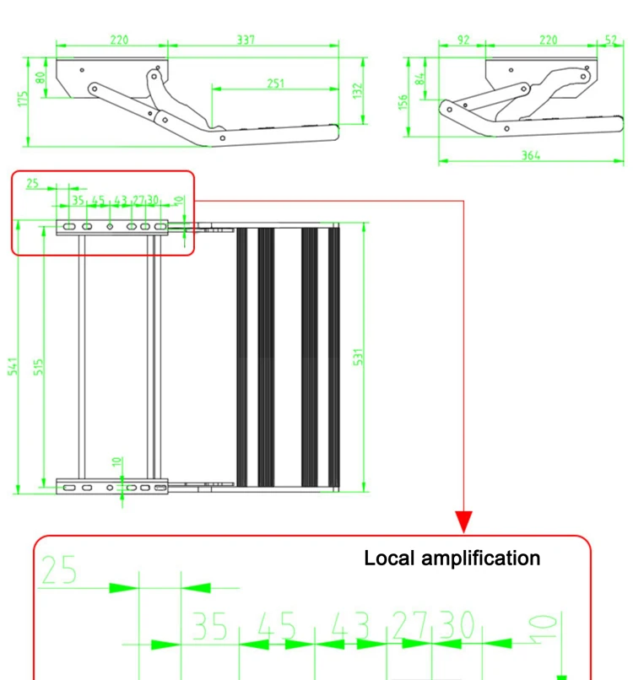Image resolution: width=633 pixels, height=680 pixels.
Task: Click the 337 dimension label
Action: (246, 39)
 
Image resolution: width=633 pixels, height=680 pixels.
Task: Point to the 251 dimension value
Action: (276, 83)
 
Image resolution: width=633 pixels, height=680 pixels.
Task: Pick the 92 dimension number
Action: (463, 39)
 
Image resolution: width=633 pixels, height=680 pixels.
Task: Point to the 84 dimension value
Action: (420, 82)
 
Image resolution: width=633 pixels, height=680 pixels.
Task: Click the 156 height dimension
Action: (403, 101)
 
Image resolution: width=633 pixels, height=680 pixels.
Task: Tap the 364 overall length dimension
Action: (531, 155)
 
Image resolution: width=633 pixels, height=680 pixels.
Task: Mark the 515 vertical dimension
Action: (39, 368)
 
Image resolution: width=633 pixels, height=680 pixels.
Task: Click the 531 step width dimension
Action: (358, 357)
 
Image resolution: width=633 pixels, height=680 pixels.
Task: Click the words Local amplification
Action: (452, 558)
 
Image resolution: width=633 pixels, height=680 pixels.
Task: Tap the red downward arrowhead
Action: (463, 522)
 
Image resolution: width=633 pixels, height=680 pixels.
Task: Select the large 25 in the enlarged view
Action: (58, 571)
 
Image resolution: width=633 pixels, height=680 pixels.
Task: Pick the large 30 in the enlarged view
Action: (456, 627)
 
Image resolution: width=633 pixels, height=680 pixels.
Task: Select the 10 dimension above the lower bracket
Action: (118, 463)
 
